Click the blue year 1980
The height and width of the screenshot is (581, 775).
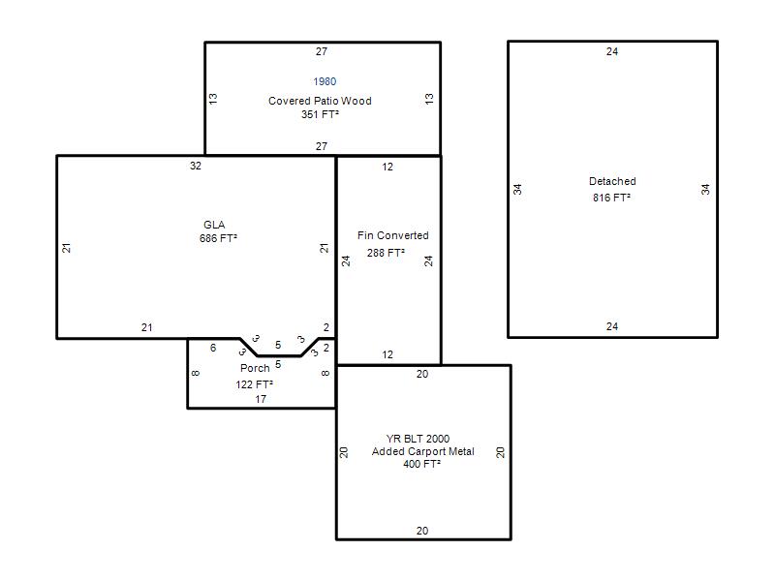pyautogui.click(x=325, y=81)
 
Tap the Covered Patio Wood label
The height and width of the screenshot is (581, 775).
pyautogui.click(x=320, y=101)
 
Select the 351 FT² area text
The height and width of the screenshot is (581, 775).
pyautogui.click(x=320, y=114)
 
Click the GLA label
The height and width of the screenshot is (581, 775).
pyautogui.click(x=214, y=225)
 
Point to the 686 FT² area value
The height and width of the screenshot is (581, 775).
pyautogui.click(x=218, y=238)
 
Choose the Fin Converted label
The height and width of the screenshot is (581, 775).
pyautogui.click(x=393, y=235)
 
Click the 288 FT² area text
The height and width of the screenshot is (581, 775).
pyautogui.click(x=386, y=253)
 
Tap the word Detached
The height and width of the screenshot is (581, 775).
pyautogui.click(x=612, y=181)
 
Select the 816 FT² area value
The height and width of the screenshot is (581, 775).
pyautogui.click(x=611, y=198)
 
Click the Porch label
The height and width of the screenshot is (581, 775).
pyautogui.click(x=255, y=368)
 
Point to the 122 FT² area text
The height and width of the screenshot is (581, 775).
pyautogui.click(x=254, y=384)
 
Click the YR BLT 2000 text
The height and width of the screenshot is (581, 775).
pyautogui.click(x=418, y=439)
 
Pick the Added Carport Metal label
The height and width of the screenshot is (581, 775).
pyautogui.click(x=423, y=451)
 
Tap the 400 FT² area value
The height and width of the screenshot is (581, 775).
pyautogui.click(x=421, y=464)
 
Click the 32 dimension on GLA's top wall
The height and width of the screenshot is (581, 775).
pyautogui.click(x=196, y=166)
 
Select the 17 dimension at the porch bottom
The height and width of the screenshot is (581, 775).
pyautogui.click(x=261, y=399)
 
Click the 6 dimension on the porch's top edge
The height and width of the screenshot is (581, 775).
pyautogui.click(x=213, y=348)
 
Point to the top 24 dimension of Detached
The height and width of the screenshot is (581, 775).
pyautogui.click(x=612, y=51)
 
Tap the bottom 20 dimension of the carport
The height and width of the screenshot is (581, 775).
pyautogui.click(x=422, y=531)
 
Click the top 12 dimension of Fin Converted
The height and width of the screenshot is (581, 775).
pyautogui.click(x=387, y=167)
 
